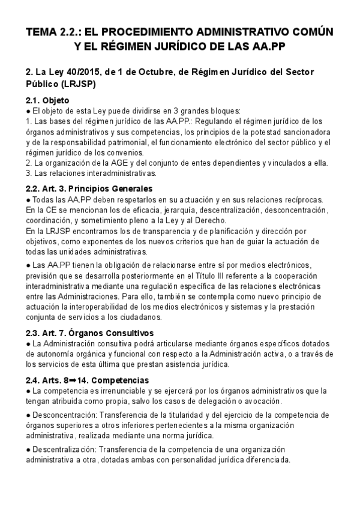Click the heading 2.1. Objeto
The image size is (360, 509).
[48, 100]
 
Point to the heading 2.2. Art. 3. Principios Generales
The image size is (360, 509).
[89, 188]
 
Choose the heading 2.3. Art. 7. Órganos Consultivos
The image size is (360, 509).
[90, 333]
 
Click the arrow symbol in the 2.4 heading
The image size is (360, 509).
[73, 381]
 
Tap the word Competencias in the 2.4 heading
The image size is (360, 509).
[110, 381]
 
